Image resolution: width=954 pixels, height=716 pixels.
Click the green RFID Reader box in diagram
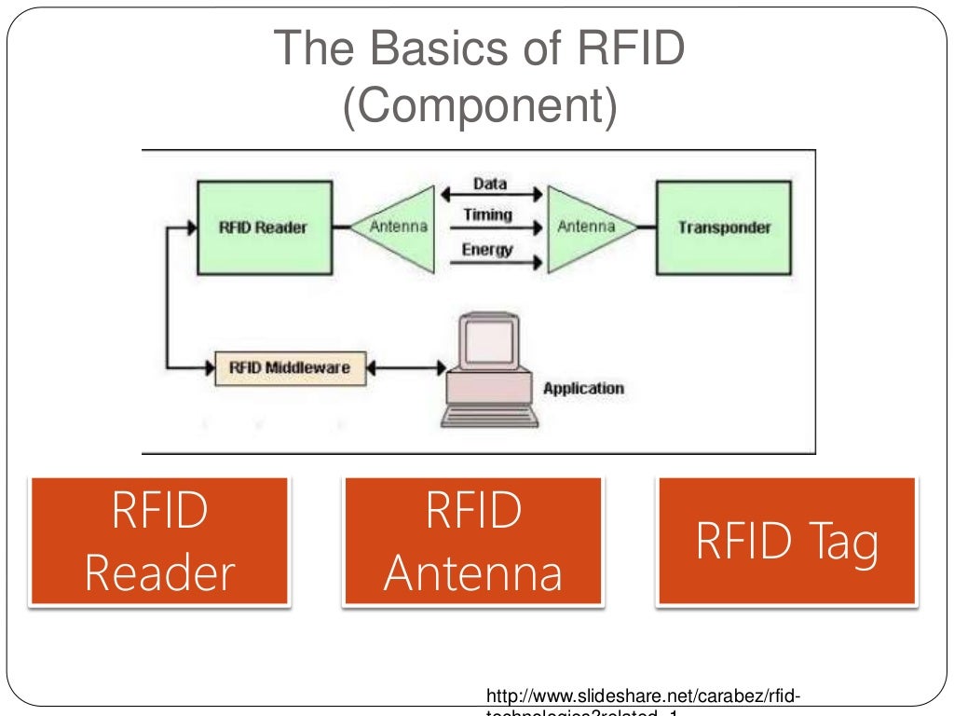(x=264, y=227)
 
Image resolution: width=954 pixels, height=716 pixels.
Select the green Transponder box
(x=724, y=227)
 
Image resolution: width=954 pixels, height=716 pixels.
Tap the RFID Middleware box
(x=290, y=368)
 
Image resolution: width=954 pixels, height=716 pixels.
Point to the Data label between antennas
(x=490, y=184)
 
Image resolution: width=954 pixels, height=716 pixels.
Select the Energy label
(x=488, y=249)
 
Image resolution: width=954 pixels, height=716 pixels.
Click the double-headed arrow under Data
(x=492, y=195)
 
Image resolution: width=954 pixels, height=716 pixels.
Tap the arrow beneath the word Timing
(x=494, y=227)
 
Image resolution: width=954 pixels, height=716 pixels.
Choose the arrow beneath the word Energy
(x=494, y=263)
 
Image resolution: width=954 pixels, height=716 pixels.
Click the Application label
(x=583, y=389)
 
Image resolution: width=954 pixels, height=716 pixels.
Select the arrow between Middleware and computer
(x=406, y=369)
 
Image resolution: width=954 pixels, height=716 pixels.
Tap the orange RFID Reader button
(x=159, y=543)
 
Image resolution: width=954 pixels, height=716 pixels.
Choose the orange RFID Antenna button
(x=473, y=543)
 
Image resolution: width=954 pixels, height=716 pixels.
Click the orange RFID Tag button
(x=787, y=543)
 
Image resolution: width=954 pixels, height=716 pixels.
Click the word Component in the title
(x=479, y=107)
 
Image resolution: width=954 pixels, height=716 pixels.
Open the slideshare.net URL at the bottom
(x=642, y=697)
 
